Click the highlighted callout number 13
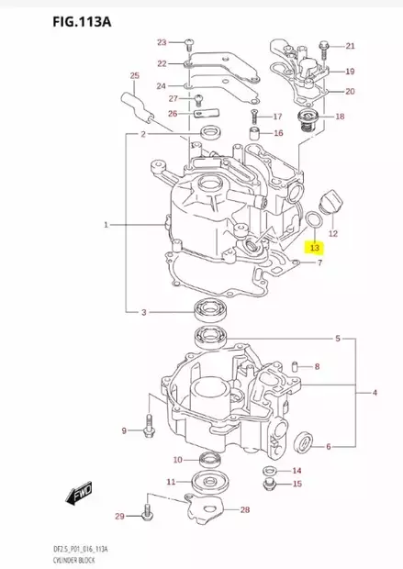coord(314,247)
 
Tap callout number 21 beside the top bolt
coord(350,46)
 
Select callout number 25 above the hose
coord(134,75)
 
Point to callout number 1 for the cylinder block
coord(106,224)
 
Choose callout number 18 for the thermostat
coord(340,117)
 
